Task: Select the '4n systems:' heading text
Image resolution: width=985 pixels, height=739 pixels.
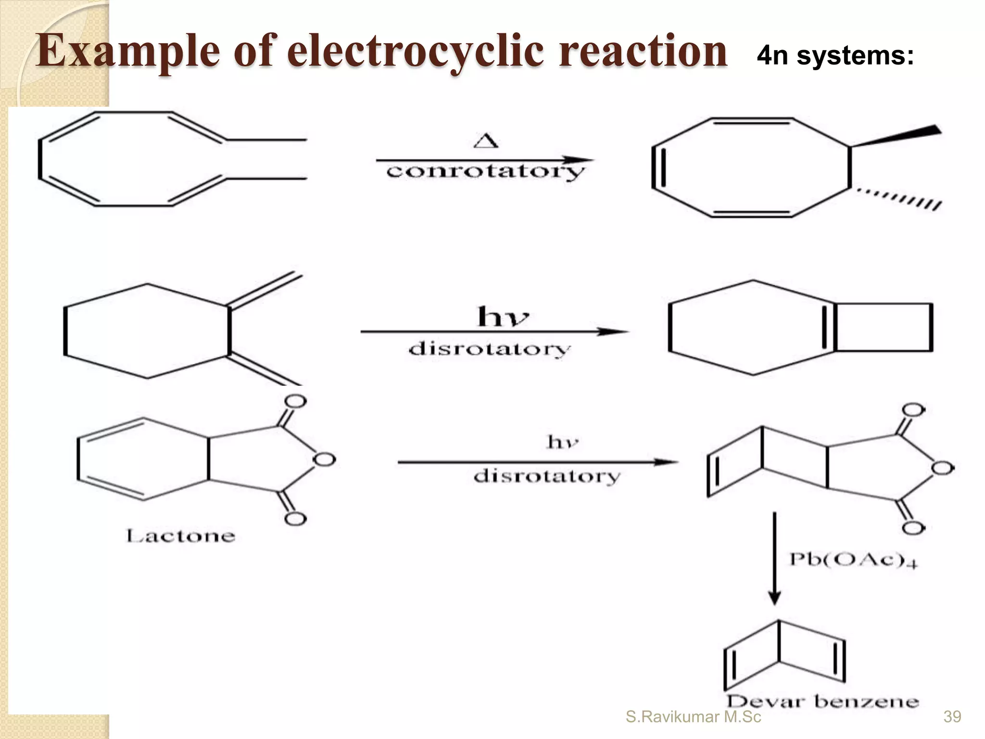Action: point(835,56)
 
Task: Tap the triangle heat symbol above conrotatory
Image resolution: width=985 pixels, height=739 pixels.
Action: point(486,141)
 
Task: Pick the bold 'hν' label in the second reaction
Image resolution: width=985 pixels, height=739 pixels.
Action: point(503,317)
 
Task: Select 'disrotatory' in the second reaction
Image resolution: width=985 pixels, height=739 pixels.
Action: point(489,349)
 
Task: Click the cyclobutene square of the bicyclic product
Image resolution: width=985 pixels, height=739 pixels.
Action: point(884,327)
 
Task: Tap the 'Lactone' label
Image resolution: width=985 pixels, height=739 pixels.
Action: point(180,535)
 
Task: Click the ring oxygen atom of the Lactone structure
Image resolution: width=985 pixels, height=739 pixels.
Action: point(324,459)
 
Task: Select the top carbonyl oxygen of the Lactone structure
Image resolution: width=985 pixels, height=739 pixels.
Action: point(295,401)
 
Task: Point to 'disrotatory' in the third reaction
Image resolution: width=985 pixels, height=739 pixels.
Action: point(547,476)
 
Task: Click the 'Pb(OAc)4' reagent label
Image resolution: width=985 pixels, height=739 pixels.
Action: point(853,560)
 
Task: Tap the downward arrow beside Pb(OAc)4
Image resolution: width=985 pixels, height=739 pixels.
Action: point(774,558)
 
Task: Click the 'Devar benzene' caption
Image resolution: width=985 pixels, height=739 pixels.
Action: point(822,701)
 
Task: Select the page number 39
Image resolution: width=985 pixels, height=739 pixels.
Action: point(952,717)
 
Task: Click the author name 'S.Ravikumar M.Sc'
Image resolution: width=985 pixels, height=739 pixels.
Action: point(693,717)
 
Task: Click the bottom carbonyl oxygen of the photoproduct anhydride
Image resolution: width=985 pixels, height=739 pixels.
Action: point(913,528)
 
